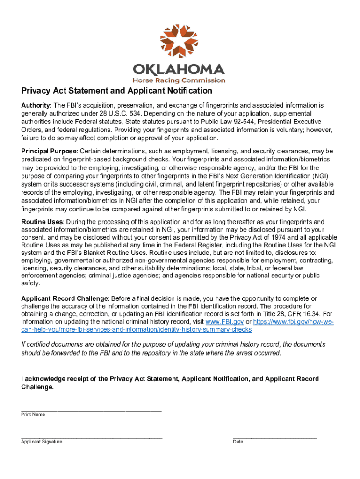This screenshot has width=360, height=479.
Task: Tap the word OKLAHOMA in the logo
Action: (179, 70)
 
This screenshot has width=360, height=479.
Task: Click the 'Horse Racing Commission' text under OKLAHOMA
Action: (179, 80)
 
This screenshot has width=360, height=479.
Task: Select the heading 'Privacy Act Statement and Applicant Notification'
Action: (116, 91)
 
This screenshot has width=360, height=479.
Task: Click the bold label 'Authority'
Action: (36, 106)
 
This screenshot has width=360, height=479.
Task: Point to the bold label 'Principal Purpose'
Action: (49, 151)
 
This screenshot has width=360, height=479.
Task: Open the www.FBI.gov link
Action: (222, 322)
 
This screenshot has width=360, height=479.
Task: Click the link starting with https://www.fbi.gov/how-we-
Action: (293, 322)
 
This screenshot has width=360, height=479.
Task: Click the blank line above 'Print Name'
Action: (91, 410)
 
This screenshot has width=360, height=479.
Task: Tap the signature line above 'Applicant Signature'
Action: (91, 438)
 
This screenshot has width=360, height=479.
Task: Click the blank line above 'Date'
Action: (274, 438)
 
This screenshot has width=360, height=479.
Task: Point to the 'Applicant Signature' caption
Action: (42, 442)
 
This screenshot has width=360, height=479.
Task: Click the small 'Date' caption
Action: (238, 442)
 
